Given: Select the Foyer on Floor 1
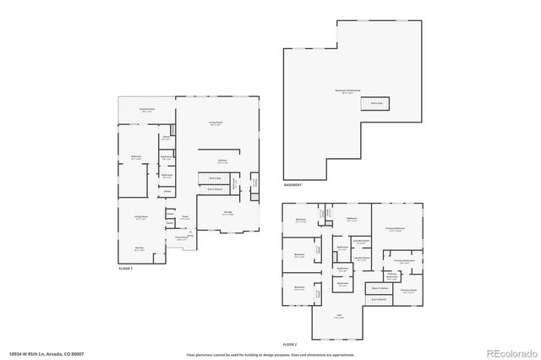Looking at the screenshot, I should (184, 216).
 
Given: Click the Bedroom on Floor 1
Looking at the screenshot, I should (136, 158).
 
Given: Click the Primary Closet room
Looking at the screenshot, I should (409, 292).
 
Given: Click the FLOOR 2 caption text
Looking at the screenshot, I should (291, 345).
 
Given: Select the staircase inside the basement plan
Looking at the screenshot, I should (372, 103).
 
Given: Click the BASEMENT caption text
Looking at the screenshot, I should (293, 184).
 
